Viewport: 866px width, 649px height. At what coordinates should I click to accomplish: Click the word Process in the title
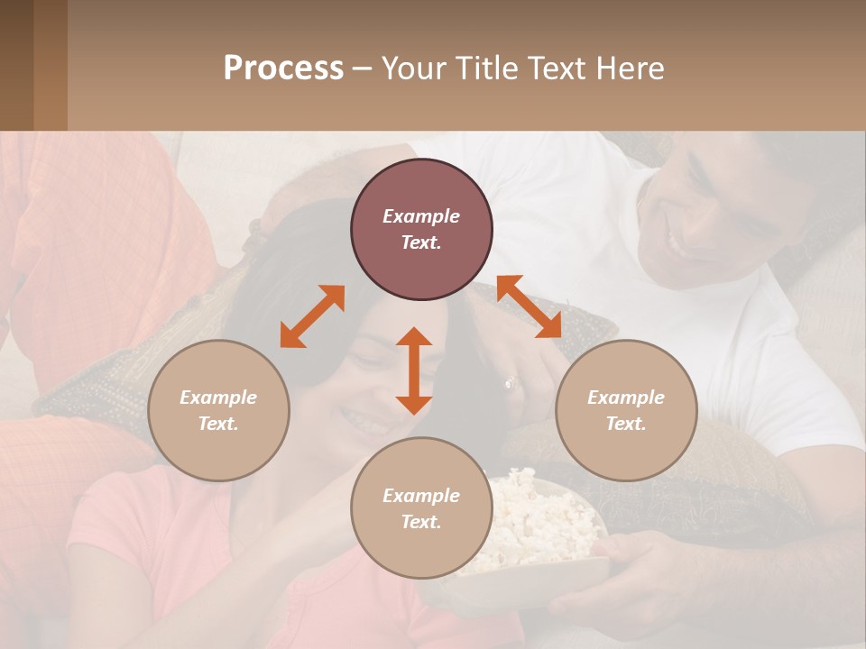coord(283,69)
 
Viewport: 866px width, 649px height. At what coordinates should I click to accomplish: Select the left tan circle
coord(218,410)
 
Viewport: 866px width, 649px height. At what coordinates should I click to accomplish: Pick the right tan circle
coord(626,410)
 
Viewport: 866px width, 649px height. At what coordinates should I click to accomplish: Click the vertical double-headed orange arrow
coord(414,370)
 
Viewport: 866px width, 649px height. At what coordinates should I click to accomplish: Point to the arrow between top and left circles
coord(312,316)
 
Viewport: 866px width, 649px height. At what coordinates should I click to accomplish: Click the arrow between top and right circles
coord(530,306)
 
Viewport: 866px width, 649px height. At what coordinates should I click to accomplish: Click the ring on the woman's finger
coord(510,382)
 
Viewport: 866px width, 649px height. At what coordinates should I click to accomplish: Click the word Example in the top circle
coord(421,216)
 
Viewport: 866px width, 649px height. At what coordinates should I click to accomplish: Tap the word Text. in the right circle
coord(626,424)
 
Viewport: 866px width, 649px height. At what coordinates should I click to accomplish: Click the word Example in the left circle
coord(218,398)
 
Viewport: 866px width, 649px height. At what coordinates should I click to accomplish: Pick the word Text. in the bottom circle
coord(421,522)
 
